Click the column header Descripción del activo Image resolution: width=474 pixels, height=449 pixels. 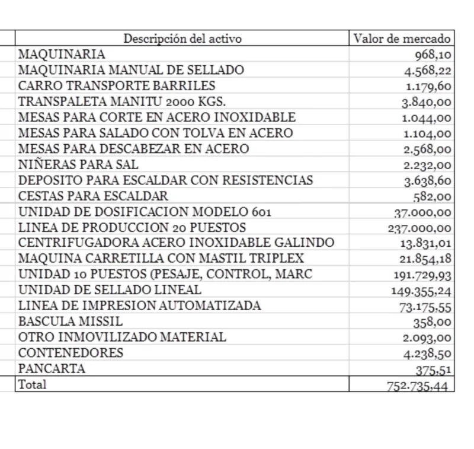tap(182, 39)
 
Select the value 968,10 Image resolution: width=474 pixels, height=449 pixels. tap(432, 55)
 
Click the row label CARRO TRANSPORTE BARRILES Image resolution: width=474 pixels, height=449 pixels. tap(117, 86)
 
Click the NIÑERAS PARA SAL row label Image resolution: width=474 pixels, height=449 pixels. tap(78, 165)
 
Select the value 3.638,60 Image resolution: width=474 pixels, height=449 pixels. tap(427, 181)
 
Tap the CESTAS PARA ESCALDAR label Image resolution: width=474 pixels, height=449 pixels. tap(93, 196)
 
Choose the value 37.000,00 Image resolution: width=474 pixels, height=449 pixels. tap(422, 212)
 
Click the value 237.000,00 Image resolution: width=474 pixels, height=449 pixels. tap(419, 228)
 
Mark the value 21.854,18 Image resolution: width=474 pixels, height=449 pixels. tap(425, 259)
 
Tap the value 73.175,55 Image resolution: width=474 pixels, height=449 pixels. tap(425, 307)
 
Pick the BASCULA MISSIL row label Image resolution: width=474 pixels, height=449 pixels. tap(71, 322)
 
